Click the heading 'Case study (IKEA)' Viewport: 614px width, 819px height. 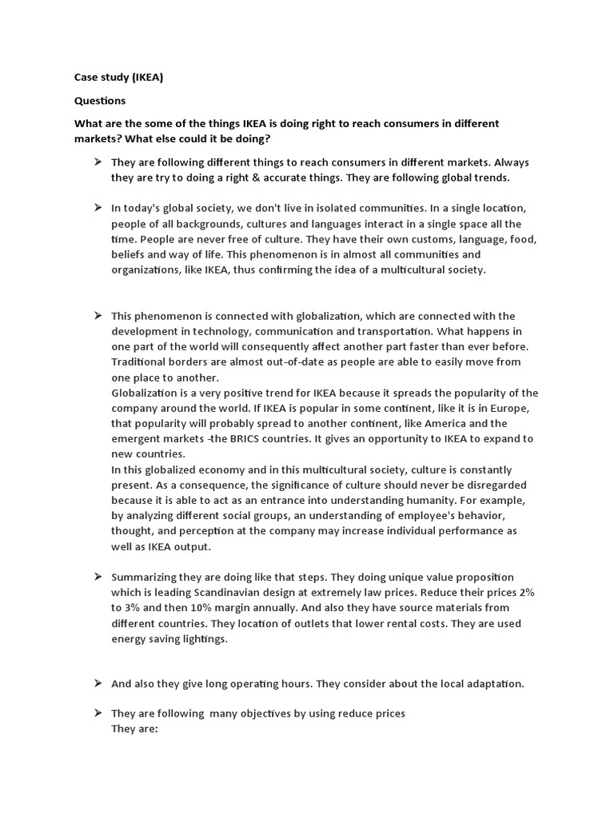[118, 78]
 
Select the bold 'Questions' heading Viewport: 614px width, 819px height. [100, 101]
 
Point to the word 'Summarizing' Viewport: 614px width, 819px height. [144, 577]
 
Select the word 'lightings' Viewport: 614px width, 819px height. [202, 639]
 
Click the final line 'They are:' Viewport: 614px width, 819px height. [135, 729]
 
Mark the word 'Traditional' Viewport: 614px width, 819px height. [141, 362]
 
